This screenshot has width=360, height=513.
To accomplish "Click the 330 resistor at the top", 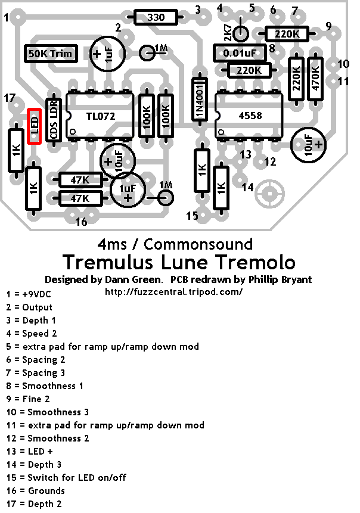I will [x=156, y=17].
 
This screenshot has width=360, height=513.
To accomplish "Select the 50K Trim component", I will [x=50, y=54].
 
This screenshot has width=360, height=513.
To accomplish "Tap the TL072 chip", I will [x=99, y=116].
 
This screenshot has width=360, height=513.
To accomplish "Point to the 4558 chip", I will [x=249, y=116].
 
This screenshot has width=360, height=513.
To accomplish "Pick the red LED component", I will [x=35, y=125].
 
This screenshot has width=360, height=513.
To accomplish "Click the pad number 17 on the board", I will [x=10, y=98].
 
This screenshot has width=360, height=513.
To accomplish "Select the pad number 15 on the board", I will [x=191, y=216].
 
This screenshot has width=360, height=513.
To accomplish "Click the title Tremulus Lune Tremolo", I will [x=179, y=262].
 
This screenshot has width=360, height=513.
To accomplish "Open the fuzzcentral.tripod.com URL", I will [x=173, y=292].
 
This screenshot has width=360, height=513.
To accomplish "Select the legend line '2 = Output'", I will [x=29, y=307].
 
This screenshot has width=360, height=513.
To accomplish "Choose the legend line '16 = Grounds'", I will [x=35, y=491].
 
